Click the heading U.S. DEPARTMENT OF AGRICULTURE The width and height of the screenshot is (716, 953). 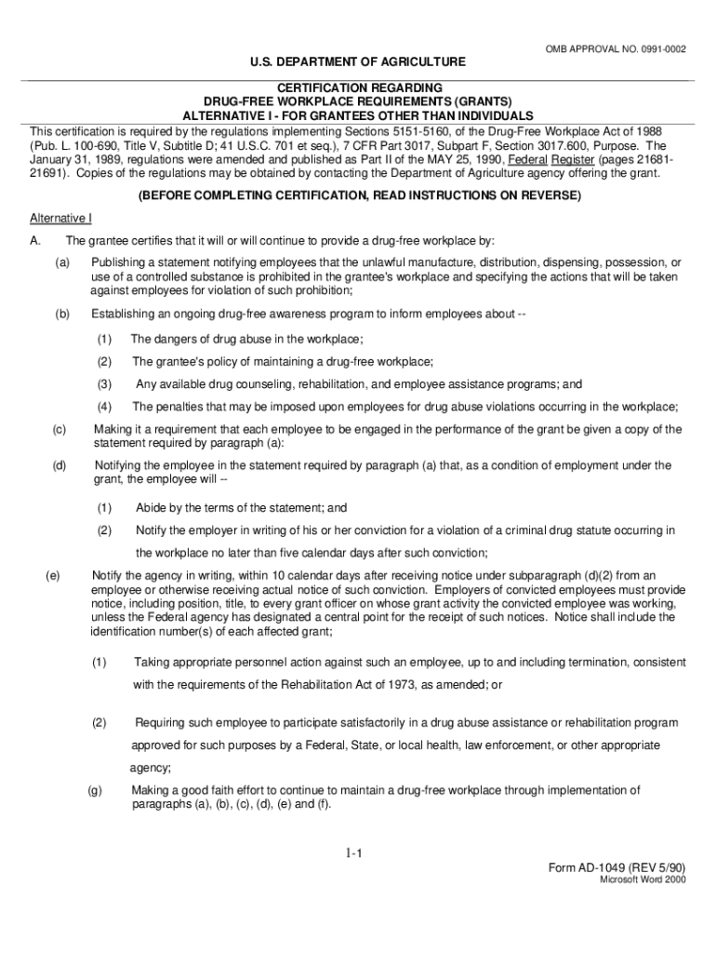click(358, 62)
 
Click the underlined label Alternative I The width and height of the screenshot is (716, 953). click(60, 219)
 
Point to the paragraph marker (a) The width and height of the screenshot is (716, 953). click(62, 262)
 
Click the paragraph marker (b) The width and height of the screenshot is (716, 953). click(62, 315)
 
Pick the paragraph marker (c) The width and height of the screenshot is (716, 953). click(59, 429)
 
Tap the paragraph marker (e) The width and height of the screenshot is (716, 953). click(52, 575)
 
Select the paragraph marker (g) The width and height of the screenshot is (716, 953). click(94, 790)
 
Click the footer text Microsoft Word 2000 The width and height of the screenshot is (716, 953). click(642, 879)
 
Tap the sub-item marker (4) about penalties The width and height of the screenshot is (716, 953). click(104, 406)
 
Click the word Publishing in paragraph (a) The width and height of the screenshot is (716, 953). click(118, 262)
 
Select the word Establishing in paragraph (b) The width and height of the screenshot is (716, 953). click(124, 315)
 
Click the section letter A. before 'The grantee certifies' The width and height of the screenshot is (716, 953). click(34, 241)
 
